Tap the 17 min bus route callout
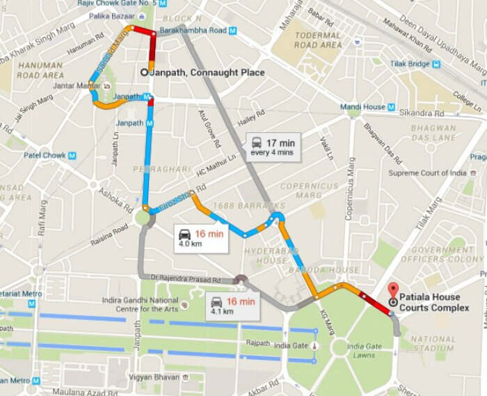(x=274, y=147)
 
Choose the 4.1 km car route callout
(x=233, y=306)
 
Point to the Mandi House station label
(x=362, y=107)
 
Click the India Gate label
(x=292, y=344)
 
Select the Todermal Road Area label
(x=318, y=40)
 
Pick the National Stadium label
(x=432, y=344)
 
